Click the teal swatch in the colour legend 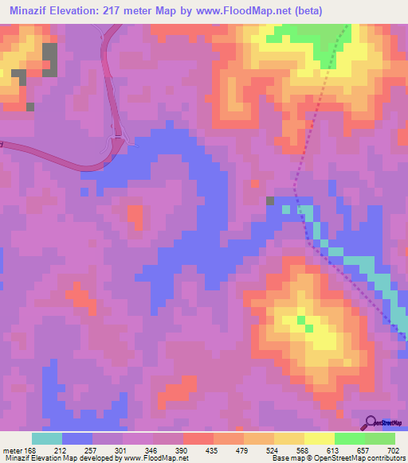(x=47, y=438)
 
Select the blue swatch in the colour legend (x=77, y=438)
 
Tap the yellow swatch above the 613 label (x=319, y=438)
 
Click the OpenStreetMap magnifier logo (x=371, y=422)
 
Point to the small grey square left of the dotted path (x=271, y=200)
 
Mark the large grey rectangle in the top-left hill (x=49, y=60)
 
